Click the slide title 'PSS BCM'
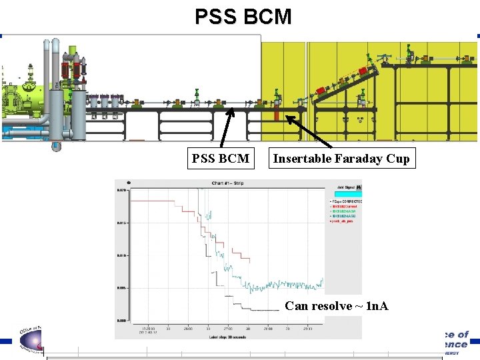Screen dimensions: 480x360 pos(243,16)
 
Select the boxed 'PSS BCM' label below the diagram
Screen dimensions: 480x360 pos(220,159)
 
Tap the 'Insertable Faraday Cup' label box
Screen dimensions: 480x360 pos(341,159)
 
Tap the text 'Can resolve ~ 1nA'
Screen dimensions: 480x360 pos(336,306)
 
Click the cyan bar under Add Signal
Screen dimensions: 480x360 pos(345,194)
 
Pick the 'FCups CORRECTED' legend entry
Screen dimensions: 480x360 pos(347,201)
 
